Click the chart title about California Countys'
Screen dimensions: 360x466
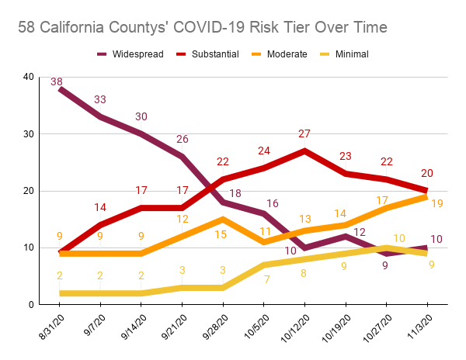[203, 28]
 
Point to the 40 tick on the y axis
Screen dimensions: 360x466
[29, 77]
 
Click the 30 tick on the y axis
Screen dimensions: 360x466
[29, 133]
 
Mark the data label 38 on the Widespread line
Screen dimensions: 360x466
[57, 81]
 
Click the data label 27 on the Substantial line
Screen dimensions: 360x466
[304, 134]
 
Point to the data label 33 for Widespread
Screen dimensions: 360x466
[100, 99]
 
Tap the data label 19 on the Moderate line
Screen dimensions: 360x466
[436, 204]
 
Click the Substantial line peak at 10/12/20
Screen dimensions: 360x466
[304, 151]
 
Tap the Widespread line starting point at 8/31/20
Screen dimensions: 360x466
[61, 88]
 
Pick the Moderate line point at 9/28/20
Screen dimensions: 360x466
[223, 219]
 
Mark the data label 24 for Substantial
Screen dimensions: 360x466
[263, 151]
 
